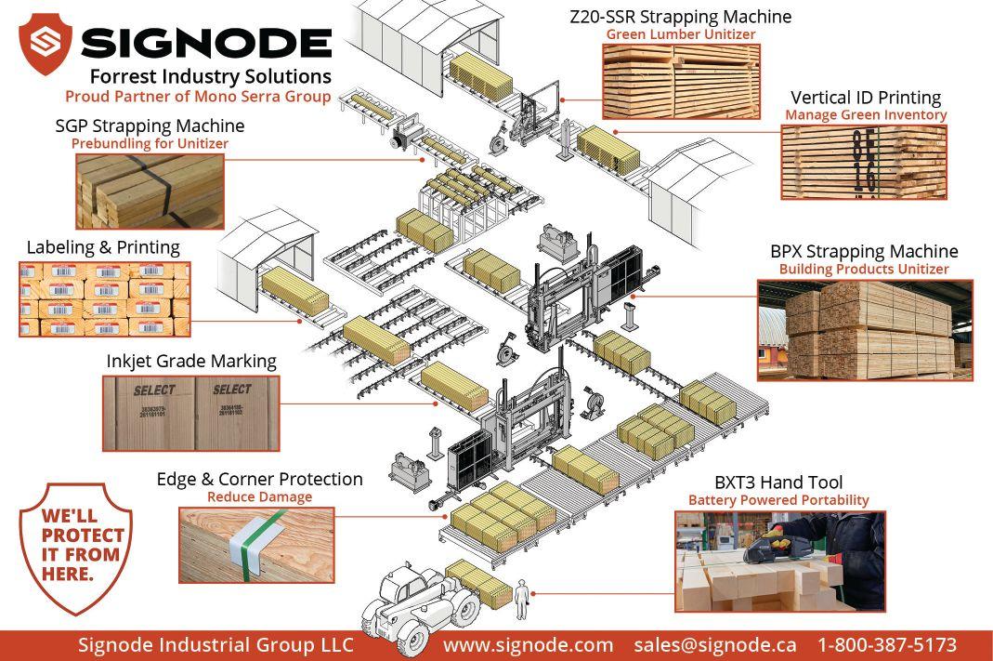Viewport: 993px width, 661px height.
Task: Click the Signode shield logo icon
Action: (46, 43)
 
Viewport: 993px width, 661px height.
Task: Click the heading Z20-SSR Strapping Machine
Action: (680, 17)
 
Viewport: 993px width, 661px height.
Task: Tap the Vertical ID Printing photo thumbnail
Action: (863, 162)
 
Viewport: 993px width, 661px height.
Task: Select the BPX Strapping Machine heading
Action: (864, 252)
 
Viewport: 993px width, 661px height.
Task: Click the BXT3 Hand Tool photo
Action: (779, 561)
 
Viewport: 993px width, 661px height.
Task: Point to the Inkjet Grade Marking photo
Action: (190, 413)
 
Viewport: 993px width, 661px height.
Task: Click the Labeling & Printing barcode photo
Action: (104, 298)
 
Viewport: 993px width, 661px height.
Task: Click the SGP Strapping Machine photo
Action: (150, 191)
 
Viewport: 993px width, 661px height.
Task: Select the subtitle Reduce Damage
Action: (259, 497)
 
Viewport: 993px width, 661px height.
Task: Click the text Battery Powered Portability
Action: (778, 500)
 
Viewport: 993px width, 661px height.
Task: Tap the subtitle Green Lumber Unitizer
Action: (680, 34)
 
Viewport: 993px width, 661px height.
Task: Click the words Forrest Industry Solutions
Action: (210, 76)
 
